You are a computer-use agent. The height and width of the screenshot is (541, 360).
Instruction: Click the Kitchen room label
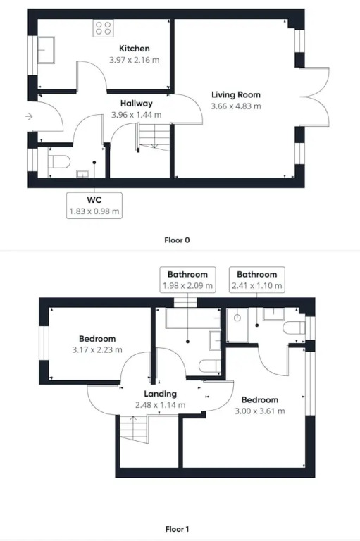[x=135, y=49]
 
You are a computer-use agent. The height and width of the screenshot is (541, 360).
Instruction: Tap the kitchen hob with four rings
[x=103, y=28]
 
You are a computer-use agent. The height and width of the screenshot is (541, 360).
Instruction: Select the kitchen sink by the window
[x=46, y=50]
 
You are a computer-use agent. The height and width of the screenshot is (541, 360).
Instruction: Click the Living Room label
[x=236, y=94]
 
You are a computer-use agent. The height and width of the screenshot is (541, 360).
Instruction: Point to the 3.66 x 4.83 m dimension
[x=236, y=106]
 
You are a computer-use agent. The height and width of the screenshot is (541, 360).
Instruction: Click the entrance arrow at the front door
[x=29, y=117]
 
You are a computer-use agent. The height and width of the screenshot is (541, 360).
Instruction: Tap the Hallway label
[x=137, y=103]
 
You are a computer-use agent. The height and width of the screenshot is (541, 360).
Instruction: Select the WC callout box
[x=94, y=206]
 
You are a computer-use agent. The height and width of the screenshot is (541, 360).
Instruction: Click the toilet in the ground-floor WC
[x=58, y=161]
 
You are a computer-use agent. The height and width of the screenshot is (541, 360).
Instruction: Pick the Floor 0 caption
[x=177, y=240]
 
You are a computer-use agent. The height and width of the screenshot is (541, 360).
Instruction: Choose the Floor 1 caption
[x=177, y=529]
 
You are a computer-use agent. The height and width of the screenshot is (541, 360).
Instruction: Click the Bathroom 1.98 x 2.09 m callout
[x=188, y=280]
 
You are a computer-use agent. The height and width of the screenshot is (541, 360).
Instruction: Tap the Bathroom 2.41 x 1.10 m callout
[x=257, y=280]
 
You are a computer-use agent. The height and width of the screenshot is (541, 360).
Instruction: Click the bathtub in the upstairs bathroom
[x=193, y=318]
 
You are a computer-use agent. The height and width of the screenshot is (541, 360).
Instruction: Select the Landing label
[x=160, y=394]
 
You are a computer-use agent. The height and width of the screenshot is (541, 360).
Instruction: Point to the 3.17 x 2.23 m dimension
[x=97, y=350]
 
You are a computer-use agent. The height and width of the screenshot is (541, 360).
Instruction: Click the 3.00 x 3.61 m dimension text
[x=260, y=411]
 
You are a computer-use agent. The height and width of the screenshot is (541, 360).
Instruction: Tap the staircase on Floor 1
[x=135, y=430]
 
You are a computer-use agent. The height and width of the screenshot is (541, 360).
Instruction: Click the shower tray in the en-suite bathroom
[x=237, y=325]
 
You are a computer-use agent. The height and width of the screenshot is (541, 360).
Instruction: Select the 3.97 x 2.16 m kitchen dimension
[x=135, y=60]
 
